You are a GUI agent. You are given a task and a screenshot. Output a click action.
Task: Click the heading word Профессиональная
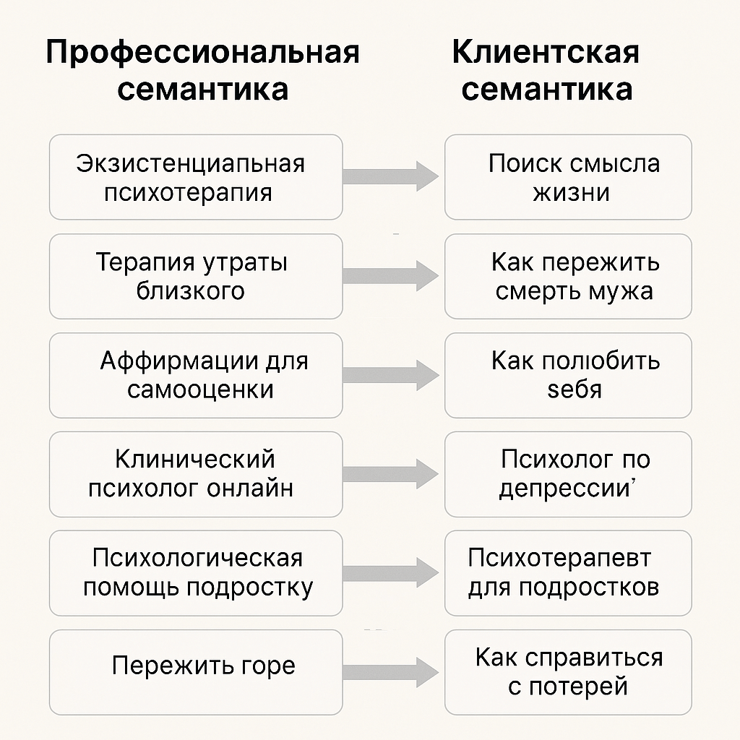[x=202, y=53]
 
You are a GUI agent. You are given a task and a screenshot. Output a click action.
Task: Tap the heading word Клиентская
[x=546, y=53]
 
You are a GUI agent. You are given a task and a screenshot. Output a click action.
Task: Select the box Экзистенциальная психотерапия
[x=195, y=177]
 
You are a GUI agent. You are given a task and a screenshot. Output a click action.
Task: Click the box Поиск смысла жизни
[x=568, y=177]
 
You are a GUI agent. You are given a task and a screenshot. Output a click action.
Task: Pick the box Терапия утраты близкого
[x=195, y=276]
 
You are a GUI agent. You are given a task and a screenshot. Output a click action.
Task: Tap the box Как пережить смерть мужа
[x=568, y=276]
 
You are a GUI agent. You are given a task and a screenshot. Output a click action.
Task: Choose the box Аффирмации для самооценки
[x=195, y=375]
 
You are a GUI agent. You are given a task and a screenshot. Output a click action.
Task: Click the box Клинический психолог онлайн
[x=195, y=474]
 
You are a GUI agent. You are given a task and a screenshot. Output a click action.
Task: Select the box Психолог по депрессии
[x=568, y=474]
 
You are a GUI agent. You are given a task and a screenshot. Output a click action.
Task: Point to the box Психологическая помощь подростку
[x=195, y=573]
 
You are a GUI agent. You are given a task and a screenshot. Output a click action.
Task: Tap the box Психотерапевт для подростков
[x=568, y=573]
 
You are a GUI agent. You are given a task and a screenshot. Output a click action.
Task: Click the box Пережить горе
[x=195, y=672]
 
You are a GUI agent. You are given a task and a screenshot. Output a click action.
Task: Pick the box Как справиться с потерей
[x=568, y=672]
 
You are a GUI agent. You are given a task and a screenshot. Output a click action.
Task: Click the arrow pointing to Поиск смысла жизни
[x=391, y=176]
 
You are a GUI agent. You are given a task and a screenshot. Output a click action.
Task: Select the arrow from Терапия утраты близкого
[x=391, y=275]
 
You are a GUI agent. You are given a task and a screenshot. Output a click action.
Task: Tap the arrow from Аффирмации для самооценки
[x=391, y=374]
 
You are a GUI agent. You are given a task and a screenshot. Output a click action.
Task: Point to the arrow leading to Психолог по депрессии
[x=391, y=473]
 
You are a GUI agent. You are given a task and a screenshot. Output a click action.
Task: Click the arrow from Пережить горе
[x=391, y=671]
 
